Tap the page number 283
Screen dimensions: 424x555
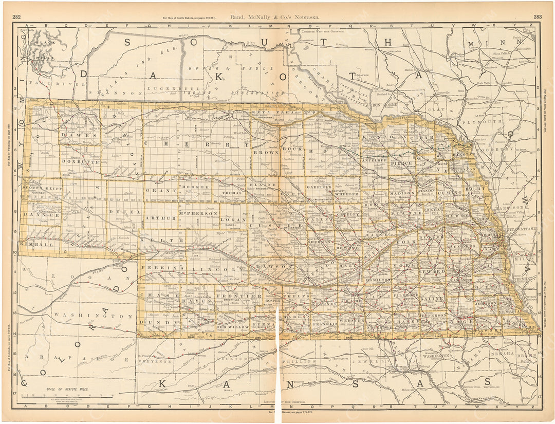click(538, 16)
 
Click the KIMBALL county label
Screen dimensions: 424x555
click(37, 245)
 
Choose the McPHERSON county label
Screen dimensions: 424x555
click(198, 213)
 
